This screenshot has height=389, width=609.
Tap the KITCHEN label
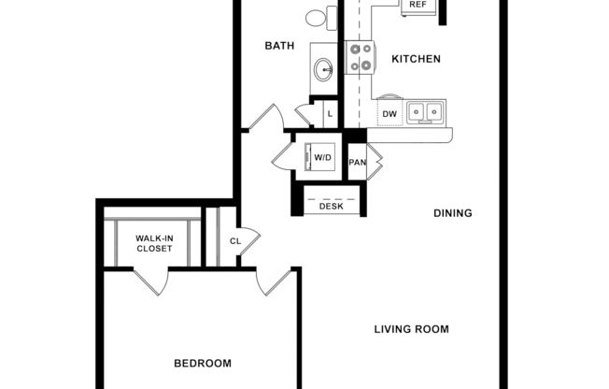[416, 59]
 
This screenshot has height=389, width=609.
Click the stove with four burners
[360, 57]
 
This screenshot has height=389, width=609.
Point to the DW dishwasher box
[389, 114]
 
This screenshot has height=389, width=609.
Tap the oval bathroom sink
[324, 68]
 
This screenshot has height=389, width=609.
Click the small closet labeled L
[329, 114]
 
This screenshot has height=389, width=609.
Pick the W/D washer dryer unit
[322, 157]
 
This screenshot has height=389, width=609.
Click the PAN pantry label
[357, 162]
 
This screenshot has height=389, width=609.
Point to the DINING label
[453, 213]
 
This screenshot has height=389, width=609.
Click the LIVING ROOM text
[412, 329]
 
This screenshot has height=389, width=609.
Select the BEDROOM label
[203, 363]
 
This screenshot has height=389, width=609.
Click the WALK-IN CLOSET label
[154, 243]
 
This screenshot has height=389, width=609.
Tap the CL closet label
[235, 241]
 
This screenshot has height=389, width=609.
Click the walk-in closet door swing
[151, 282]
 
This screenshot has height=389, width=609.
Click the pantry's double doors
[375, 162]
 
